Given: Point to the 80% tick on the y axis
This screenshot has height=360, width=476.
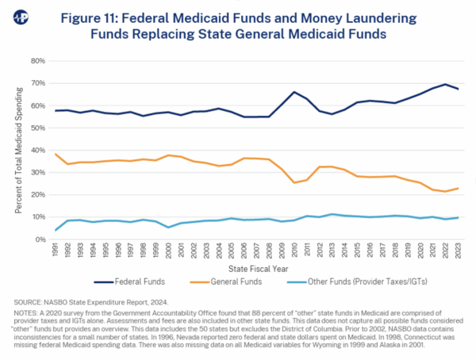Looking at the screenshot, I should coord(36,60).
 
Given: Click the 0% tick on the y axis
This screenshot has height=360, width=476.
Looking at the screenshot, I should coord(39,239).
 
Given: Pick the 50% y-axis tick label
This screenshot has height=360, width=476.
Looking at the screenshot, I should coord(36,128).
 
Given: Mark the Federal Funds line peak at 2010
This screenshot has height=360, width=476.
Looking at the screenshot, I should coord(294,92).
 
